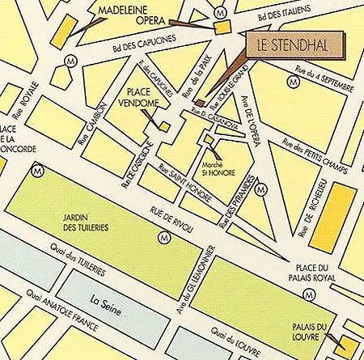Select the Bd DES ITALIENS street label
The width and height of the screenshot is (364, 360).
coord(285,15)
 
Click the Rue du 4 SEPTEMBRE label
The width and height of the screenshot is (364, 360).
coord(321,79)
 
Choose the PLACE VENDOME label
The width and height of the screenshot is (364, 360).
coord(146,97)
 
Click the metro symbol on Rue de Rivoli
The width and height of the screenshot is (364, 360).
coord(165,237)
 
